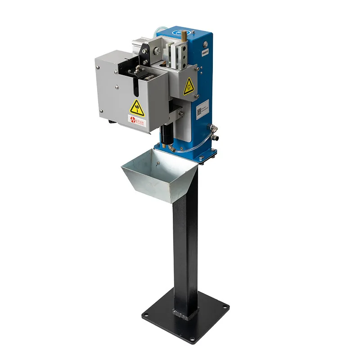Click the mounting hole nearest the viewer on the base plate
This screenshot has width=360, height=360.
tap(192, 339)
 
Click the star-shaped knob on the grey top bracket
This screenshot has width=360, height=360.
tap(144, 50)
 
